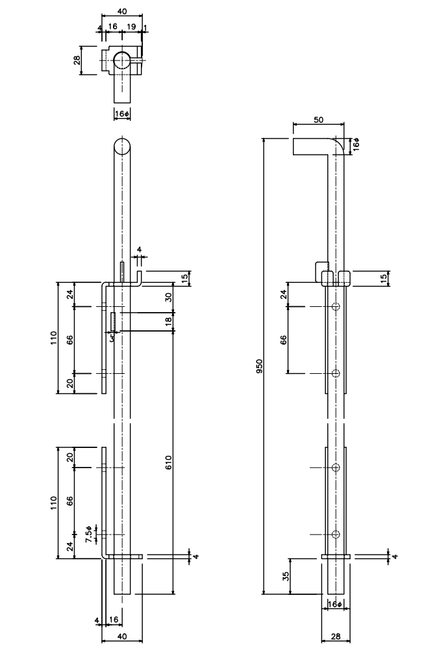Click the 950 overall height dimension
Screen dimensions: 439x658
(259, 366)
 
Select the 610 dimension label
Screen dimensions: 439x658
(169, 462)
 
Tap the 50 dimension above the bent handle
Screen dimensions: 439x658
(318, 120)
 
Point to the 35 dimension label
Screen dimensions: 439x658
(286, 576)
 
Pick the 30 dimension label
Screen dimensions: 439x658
(169, 297)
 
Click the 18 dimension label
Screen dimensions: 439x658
(169, 321)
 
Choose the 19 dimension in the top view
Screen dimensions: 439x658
(131, 27)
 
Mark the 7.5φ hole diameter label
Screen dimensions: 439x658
(89, 534)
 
